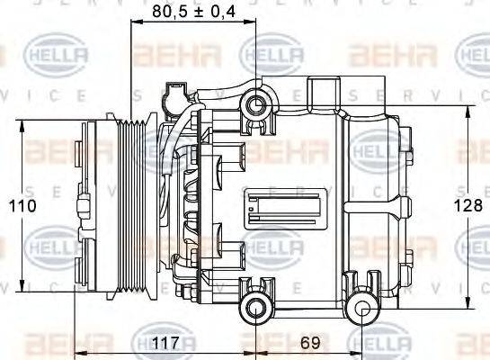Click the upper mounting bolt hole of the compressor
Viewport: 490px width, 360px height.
pos(256,106)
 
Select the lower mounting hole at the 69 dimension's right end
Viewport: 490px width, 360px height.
pos(363,310)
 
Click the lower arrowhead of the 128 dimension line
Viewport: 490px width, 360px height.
pos(468,304)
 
